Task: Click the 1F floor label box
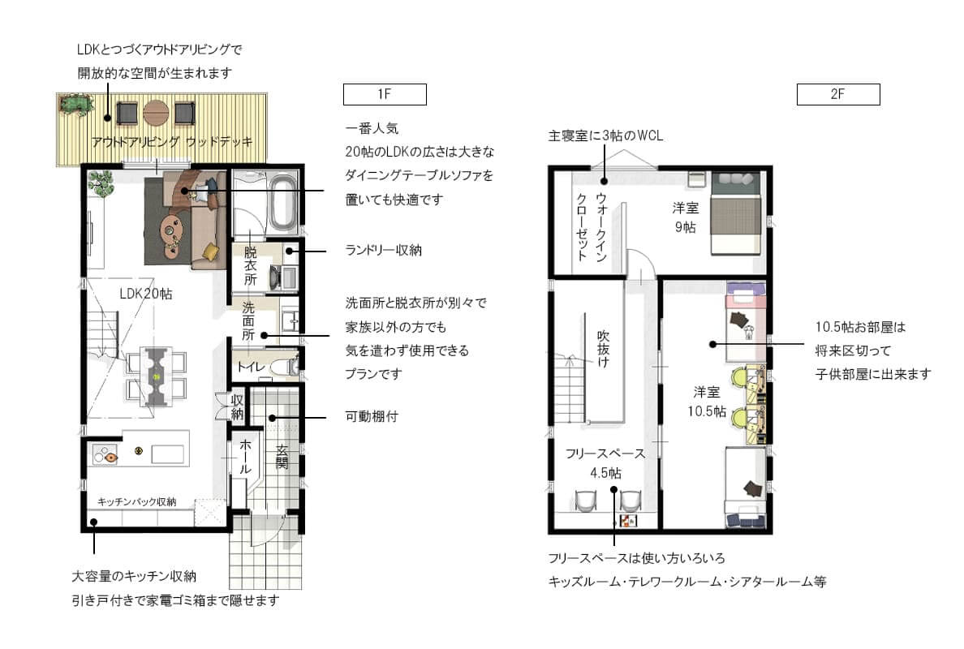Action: [x=385, y=94]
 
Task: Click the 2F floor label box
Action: [x=838, y=94]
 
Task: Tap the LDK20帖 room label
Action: [x=147, y=294]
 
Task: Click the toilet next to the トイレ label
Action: [x=285, y=367]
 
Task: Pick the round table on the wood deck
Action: [x=155, y=113]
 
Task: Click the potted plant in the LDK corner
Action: [x=101, y=184]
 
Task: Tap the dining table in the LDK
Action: [x=156, y=374]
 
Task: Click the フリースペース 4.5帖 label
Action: [x=605, y=462]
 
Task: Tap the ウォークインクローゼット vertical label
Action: [x=591, y=226]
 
